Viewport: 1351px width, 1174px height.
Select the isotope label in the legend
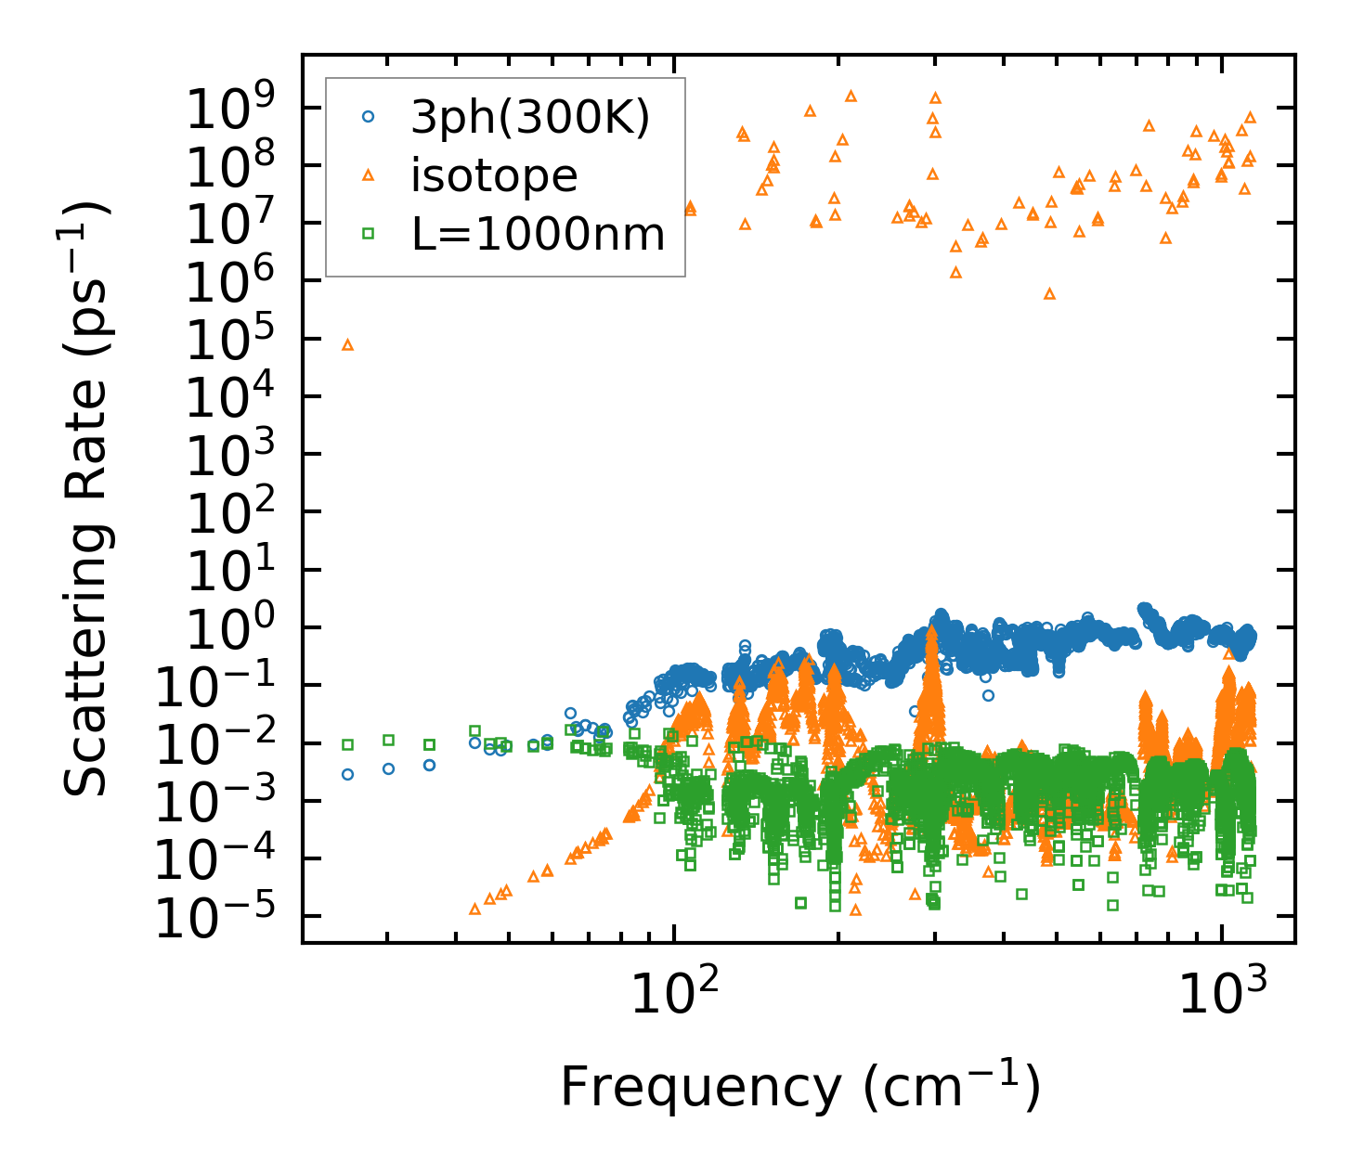494,175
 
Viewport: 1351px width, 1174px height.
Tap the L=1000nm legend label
539,234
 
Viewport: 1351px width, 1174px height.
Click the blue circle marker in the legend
369,118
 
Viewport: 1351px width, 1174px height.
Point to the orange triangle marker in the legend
369,174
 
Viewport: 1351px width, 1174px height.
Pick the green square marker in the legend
369,234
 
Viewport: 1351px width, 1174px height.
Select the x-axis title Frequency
799,1087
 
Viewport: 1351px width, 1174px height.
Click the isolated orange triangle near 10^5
348,344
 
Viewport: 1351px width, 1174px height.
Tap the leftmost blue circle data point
348,774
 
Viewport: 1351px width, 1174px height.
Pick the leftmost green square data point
348,744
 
